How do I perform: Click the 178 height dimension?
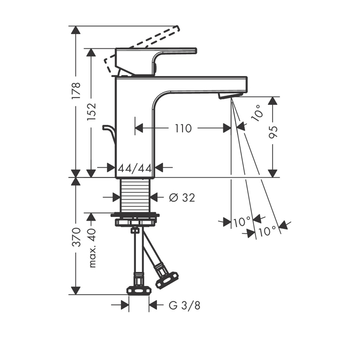tap(76, 91)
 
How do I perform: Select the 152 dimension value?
tap(91, 112)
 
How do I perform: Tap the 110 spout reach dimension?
tap(183, 129)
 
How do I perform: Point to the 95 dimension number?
tap(273, 132)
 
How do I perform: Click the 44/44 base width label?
tap(135, 169)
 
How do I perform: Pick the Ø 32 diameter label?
tap(182, 197)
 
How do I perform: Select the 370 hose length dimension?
tap(76, 237)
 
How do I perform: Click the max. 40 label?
tap(92, 248)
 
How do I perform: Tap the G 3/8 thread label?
tap(184, 305)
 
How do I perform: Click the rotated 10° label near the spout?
tap(258, 113)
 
